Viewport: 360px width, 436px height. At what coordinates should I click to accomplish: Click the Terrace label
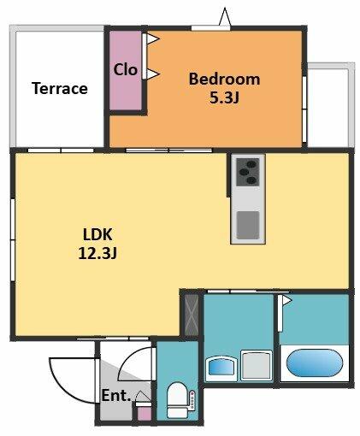tap(60, 88)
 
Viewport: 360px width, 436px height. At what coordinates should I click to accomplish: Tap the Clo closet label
tap(126, 69)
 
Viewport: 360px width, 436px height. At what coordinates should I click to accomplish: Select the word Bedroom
tap(224, 79)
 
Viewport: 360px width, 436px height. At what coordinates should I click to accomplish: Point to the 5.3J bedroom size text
tap(224, 97)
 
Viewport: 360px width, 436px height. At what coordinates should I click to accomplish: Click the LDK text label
tap(97, 234)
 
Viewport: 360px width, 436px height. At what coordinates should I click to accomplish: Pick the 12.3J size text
tap(97, 253)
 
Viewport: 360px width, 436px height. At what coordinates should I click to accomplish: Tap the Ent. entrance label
tap(116, 396)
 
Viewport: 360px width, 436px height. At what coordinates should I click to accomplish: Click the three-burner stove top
tap(248, 172)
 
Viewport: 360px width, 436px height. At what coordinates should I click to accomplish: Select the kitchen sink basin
tap(248, 225)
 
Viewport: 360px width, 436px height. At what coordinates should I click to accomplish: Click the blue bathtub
tap(315, 362)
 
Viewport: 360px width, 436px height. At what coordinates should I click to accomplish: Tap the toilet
tap(177, 400)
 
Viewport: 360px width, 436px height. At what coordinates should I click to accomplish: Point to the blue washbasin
tap(221, 367)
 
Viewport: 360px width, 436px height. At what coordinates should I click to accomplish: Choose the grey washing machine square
tap(257, 365)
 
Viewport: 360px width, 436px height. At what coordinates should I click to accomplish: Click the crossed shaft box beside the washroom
tap(192, 315)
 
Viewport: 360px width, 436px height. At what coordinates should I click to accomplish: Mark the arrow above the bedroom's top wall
tap(225, 16)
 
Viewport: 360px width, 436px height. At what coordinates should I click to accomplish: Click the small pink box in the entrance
tap(144, 414)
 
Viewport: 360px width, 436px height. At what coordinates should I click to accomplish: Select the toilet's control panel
tap(192, 400)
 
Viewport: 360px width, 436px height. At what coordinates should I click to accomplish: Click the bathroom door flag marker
tap(287, 300)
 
